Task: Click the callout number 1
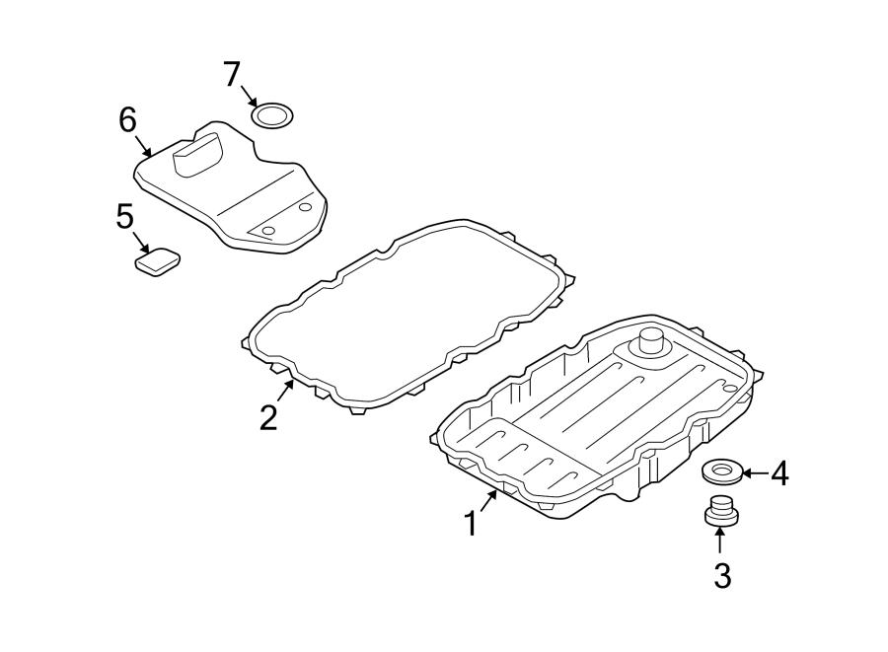(x=472, y=524)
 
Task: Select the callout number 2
(x=268, y=417)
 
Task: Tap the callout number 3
(x=721, y=576)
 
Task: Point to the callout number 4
(x=778, y=474)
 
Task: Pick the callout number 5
(x=124, y=216)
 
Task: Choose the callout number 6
(x=127, y=120)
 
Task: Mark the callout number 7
(x=231, y=73)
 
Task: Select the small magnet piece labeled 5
(x=158, y=262)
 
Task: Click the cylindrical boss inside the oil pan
(x=650, y=342)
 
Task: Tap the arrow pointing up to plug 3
(x=720, y=541)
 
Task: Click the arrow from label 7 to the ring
(x=249, y=97)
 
